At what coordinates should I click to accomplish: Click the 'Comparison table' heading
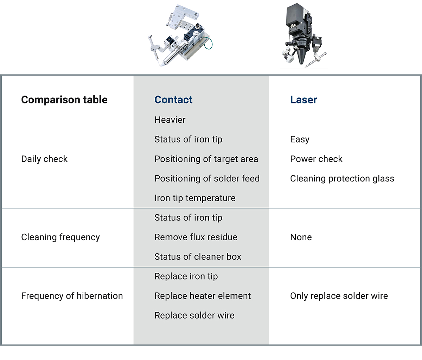pyautogui.click(x=64, y=100)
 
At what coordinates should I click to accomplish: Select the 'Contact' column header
pyautogui.click(x=173, y=100)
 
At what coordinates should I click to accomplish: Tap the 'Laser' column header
pyautogui.click(x=303, y=100)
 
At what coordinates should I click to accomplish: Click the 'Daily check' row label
pyautogui.click(x=44, y=159)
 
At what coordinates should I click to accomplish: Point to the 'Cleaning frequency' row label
pyautogui.click(x=60, y=237)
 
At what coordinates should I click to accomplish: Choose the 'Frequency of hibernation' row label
pyautogui.click(x=72, y=296)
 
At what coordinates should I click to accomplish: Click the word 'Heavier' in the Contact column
pyautogui.click(x=170, y=120)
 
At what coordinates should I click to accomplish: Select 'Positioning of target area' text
pyautogui.click(x=206, y=159)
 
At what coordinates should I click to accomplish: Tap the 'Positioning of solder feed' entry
pyautogui.click(x=207, y=179)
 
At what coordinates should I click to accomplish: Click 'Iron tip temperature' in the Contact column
pyautogui.click(x=195, y=198)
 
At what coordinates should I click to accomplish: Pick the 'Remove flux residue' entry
pyautogui.click(x=196, y=237)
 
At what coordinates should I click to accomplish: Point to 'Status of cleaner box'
pyautogui.click(x=198, y=257)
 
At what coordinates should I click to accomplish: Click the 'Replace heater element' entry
pyautogui.click(x=203, y=296)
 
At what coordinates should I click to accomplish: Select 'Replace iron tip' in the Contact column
pyautogui.click(x=186, y=276)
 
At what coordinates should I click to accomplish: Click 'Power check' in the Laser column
pyautogui.click(x=316, y=159)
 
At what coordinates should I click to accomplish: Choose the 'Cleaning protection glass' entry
pyautogui.click(x=342, y=179)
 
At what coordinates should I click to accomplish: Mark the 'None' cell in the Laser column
pyautogui.click(x=301, y=237)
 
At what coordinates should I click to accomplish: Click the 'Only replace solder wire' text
pyautogui.click(x=339, y=296)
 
